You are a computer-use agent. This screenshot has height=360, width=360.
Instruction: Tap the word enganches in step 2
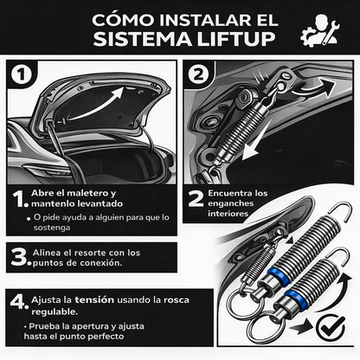click(232, 202)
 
